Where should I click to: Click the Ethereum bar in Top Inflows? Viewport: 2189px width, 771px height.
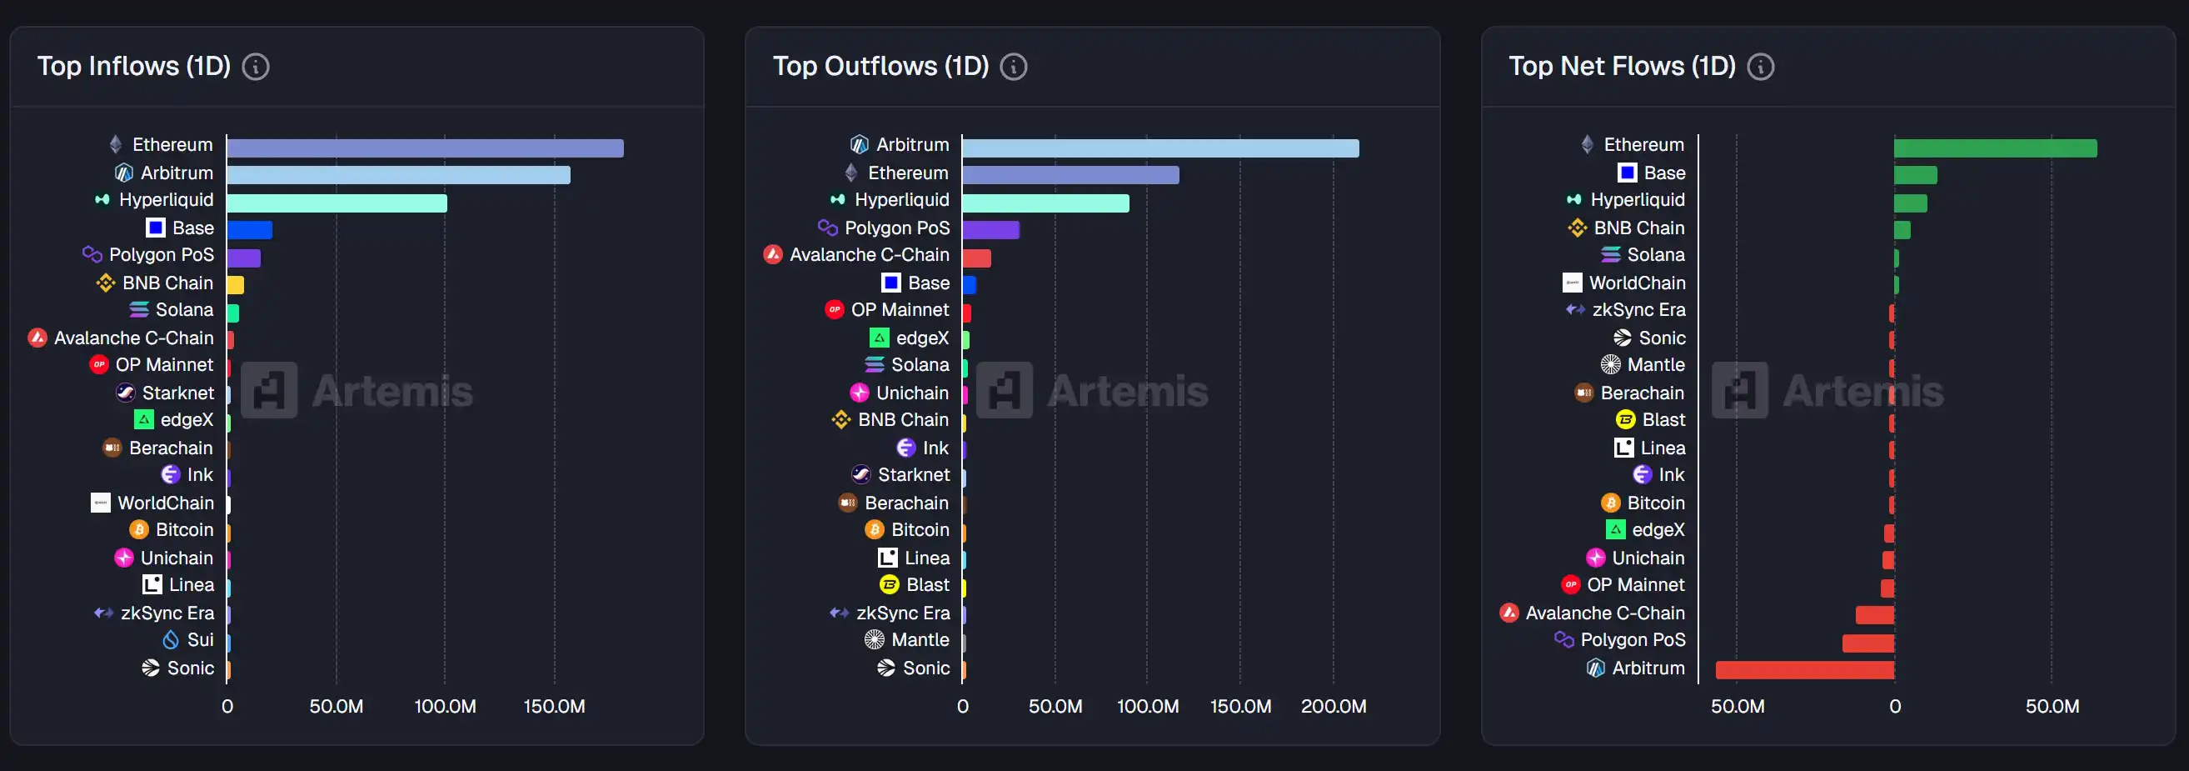tap(425, 148)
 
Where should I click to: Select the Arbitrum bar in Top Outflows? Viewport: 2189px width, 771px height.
tap(1160, 148)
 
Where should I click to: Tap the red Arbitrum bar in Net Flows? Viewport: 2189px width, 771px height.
tap(1804, 670)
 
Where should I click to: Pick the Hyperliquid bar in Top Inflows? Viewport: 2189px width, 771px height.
tap(337, 204)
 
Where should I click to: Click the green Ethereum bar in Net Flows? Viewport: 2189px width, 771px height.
tap(1994, 148)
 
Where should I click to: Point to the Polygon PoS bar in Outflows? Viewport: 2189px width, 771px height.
tap(990, 229)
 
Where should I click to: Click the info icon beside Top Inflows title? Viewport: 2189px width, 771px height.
tap(256, 67)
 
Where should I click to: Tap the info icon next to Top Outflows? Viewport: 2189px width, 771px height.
tap(1013, 67)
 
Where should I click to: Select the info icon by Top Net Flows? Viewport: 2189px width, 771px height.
tap(1760, 67)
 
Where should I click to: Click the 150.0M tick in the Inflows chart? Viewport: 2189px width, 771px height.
tap(554, 706)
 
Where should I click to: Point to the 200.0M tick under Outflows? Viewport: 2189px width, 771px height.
tap(1334, 706)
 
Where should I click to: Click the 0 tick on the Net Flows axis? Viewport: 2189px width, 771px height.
tap(1894, 706)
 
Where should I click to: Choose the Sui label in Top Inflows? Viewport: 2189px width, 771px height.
tap(201, 640)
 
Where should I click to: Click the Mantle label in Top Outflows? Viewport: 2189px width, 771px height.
tap(920, 640)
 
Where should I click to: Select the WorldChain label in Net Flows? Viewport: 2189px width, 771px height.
tap(1637, 283)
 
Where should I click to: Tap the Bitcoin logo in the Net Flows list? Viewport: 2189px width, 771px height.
tap(1610, 503)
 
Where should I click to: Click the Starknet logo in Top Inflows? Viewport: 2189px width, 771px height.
tap(125, 393)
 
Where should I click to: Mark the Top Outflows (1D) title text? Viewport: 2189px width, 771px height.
tap(880, 67)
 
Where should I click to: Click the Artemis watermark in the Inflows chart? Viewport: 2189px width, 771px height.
tap(357, 391)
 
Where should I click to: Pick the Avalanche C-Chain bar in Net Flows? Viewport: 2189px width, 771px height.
tap(1875, 614)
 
